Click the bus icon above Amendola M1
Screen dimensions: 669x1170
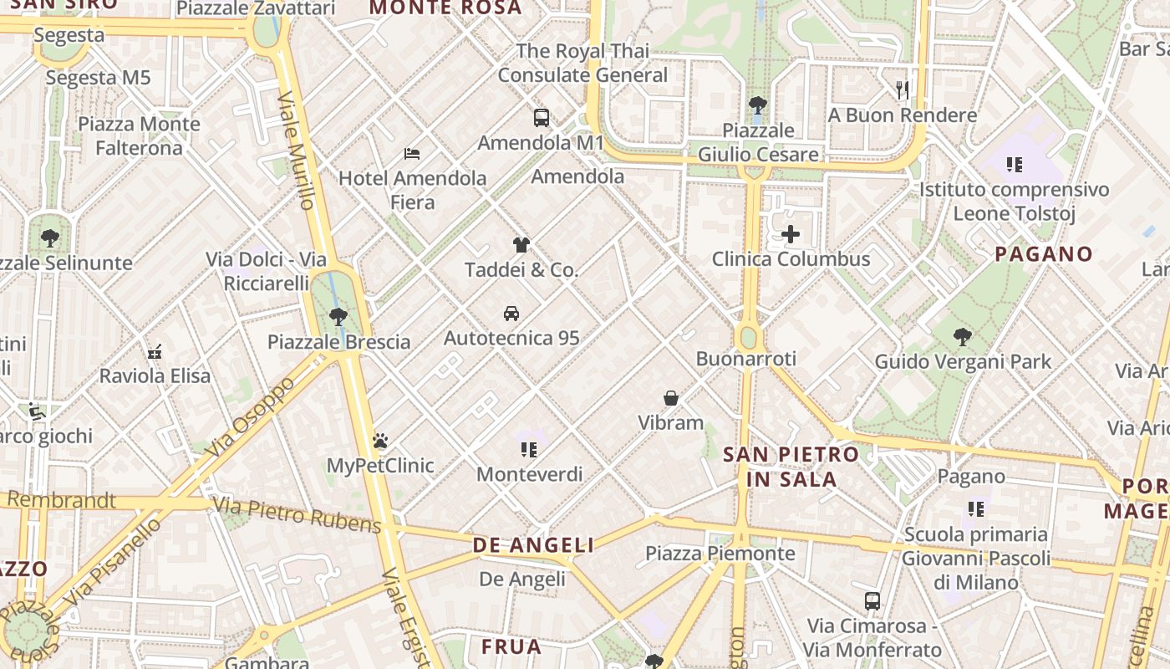pyautogui.click(x=542, y=118)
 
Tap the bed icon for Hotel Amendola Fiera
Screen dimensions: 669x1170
pyautogui.click(x=412, y=154)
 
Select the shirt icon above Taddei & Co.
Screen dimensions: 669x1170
pyautogui.click(x=521, y=245)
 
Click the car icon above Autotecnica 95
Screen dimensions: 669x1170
pyautogui.click(x=511, y=314)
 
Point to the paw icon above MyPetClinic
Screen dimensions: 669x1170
pyautogui.click(x=380, y=441)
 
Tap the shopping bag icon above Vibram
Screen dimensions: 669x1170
pyautogui.click(x=671, y=398)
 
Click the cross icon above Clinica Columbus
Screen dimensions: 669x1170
pyautogui.click(x=791, y=234)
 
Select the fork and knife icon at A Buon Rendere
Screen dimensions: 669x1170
pyautogui.click(x=903, y=90)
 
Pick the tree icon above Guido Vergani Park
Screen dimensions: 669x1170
pyautogui.click(x=963, y=337)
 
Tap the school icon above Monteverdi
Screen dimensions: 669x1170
pyautogui.click(x=529, y=450)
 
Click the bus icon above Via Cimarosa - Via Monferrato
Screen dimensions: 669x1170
pyautogui.click(x=872, y=600)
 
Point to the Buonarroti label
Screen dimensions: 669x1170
pyautogui.click(x=746, y=359)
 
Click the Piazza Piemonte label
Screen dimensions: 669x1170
pyautogui.click(x=720, y=554)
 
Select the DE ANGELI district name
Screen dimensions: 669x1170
pyautogui.click(x=533, y=545)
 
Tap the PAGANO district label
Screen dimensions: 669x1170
pyautogui.click(x=1044, y=254)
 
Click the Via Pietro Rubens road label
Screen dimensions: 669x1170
pyautogui.click(x=298, y=514)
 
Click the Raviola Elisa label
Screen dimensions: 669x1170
pyautogui.click(x=155, y=375)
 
